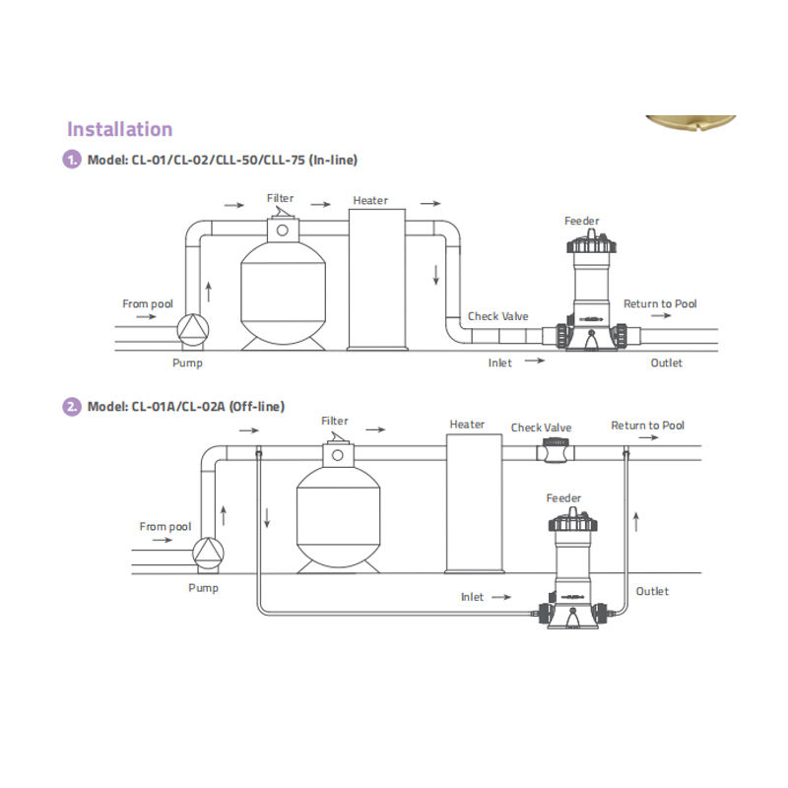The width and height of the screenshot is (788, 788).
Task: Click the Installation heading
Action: [119, 129]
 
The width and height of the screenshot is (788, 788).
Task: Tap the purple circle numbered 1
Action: [73, 159]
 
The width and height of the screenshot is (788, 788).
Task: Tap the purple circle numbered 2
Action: [73, 406]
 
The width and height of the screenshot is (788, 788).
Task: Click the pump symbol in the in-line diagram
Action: [193, 330]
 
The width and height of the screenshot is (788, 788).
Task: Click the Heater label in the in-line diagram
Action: [370, 201]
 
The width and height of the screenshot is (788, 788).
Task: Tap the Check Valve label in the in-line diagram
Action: [497, 316]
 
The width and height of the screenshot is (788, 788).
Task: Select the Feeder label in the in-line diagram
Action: [581, 222]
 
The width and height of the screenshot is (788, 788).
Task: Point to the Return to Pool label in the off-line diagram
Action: [647, 426]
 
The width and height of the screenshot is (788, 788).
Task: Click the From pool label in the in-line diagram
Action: [148, 303]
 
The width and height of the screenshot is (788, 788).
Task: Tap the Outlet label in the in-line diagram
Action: [666, 362]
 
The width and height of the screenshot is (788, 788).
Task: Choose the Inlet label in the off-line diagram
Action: [473, 597]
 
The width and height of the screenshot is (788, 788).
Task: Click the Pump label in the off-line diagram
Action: [204, 587]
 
